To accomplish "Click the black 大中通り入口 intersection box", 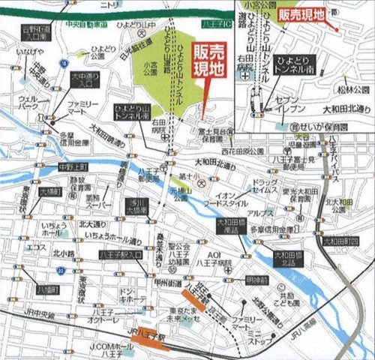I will coord(84,79).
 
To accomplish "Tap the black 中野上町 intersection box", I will coord(73,166).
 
